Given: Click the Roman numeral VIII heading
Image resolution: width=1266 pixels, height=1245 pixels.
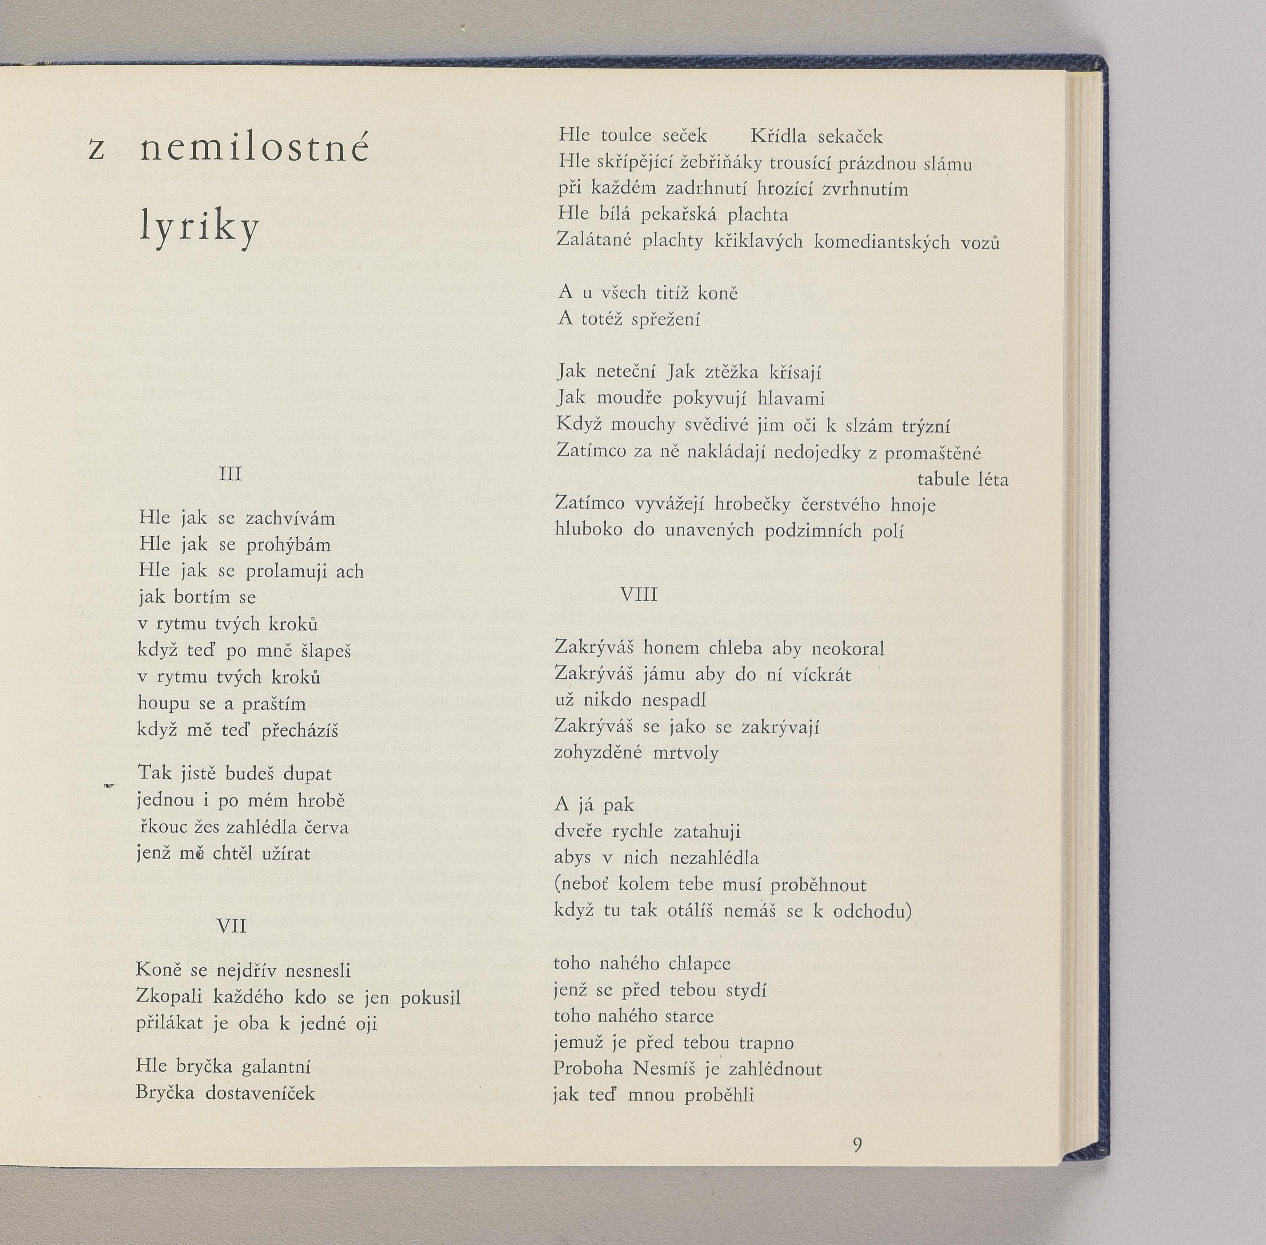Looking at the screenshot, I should (x=638, y=594).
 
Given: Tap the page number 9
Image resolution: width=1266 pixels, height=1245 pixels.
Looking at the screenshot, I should (x=857, y=1145).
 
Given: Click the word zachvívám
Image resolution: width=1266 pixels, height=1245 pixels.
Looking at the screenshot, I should (x=290, y=518).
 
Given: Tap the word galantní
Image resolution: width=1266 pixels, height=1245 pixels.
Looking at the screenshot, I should (x=276, y=1067).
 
